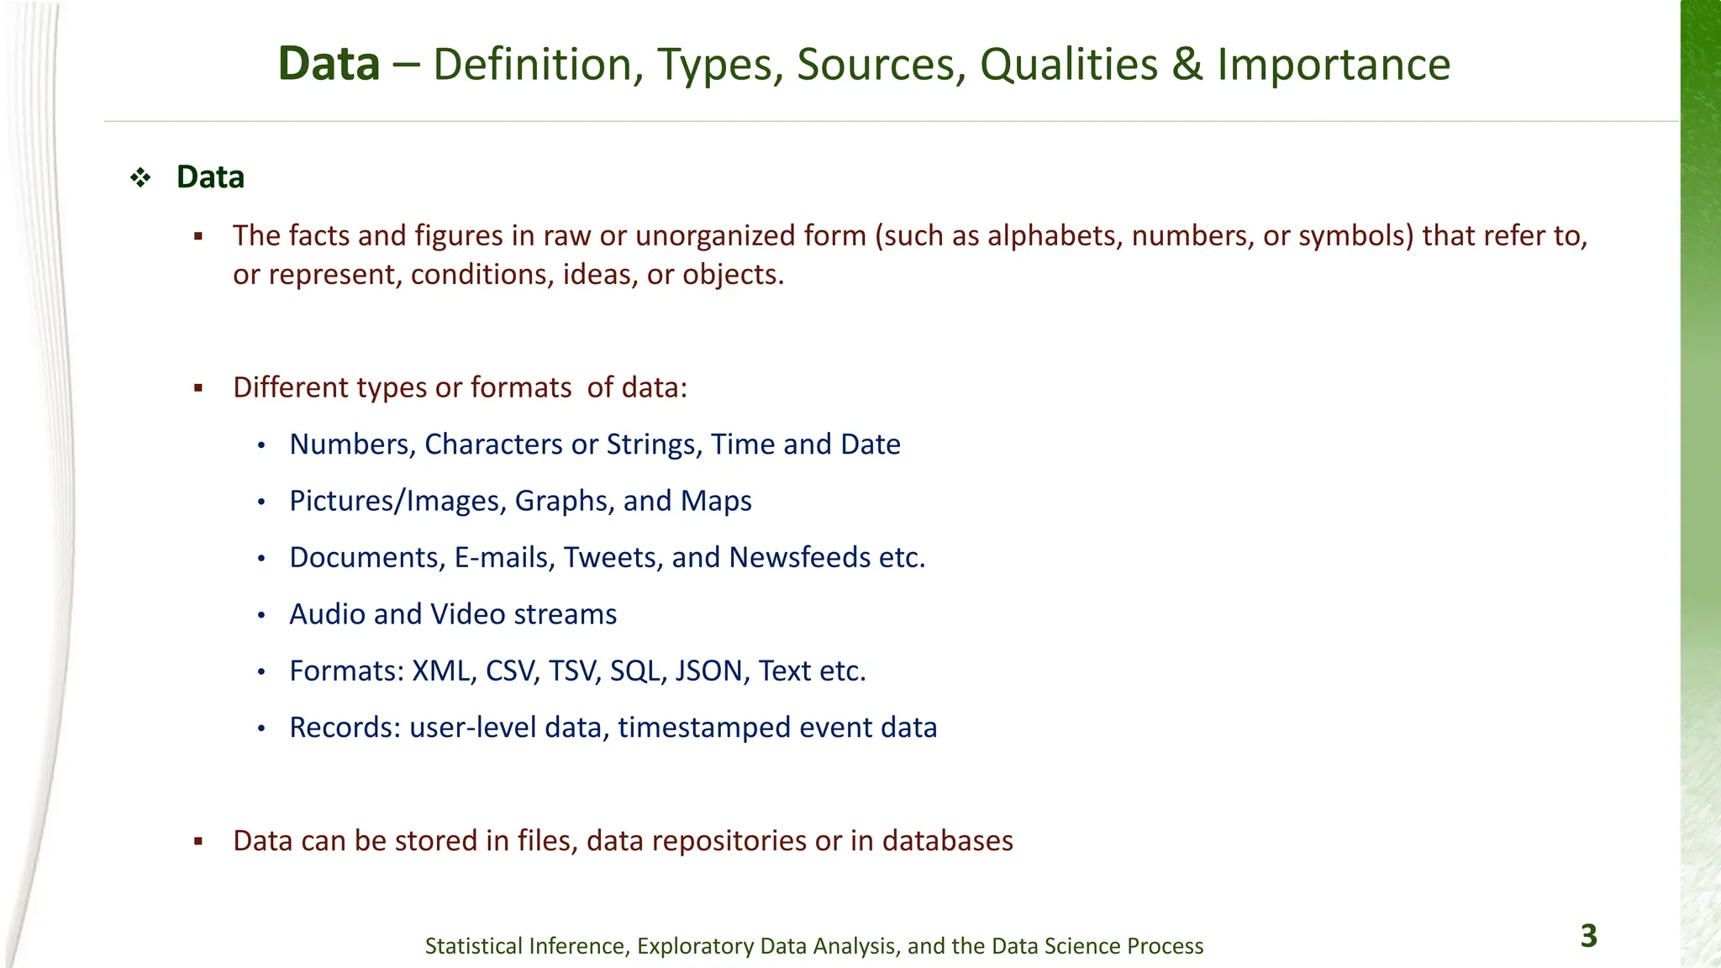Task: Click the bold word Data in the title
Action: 329,65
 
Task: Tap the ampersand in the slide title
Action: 1187,65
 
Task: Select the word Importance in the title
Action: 1334,65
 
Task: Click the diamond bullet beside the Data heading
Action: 140,177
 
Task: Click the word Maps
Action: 716,501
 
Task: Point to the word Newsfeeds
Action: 799,558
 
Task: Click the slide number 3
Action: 1588,936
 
